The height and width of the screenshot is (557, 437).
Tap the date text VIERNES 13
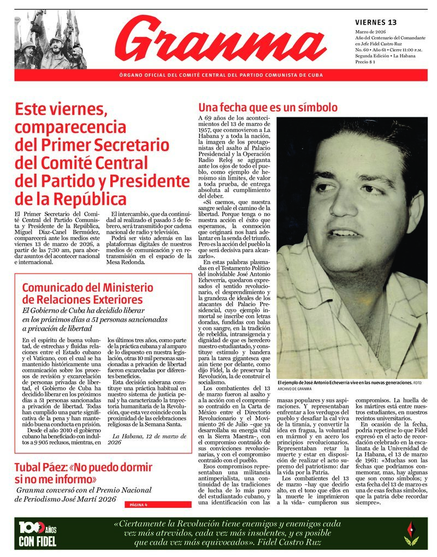(376, 22)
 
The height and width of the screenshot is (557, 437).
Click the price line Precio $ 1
(368, 62)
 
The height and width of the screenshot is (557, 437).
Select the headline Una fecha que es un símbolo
(268, 108)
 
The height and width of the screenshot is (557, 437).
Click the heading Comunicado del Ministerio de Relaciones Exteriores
(87, 293)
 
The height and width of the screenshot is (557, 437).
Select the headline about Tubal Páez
(83, 473)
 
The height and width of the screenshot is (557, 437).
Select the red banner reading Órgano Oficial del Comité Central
(221, 75)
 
